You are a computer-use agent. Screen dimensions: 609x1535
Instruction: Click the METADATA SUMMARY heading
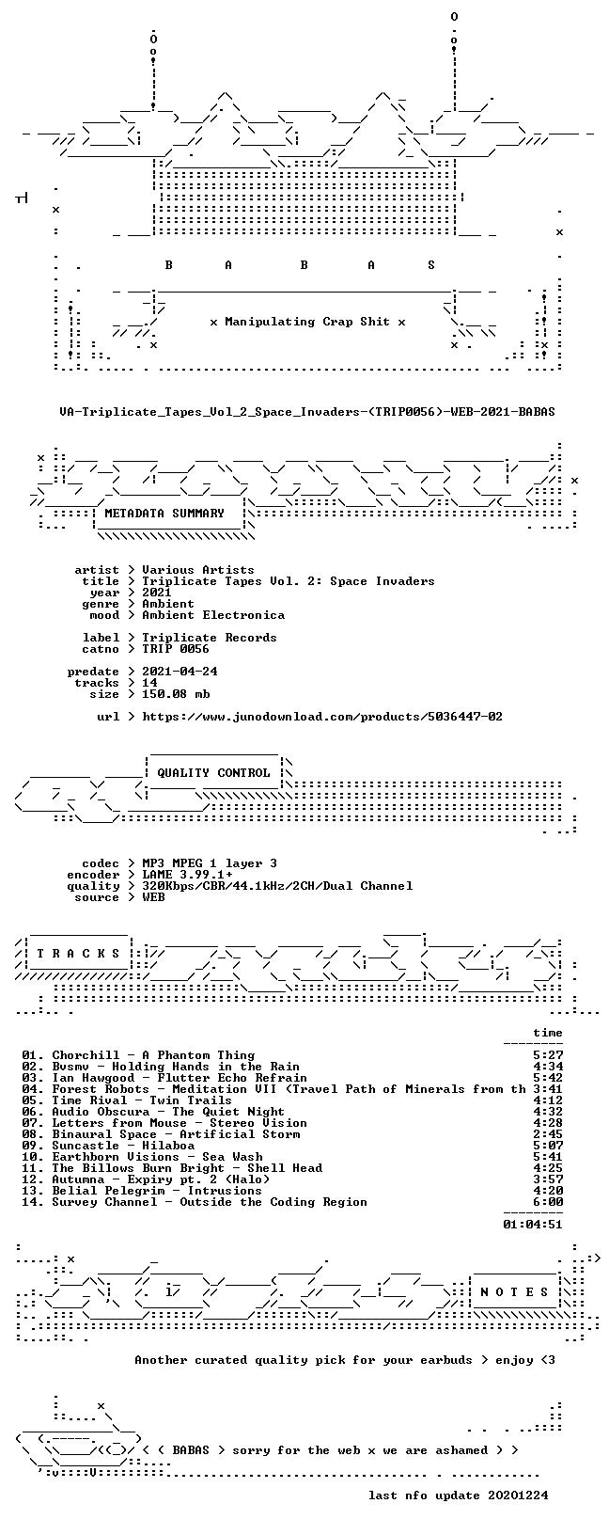click(x=164, y=514)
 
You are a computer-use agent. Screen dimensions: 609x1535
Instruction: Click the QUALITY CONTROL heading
click(x=213, y=773)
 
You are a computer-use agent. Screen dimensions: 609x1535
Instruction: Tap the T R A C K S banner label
click(x=78, y=953)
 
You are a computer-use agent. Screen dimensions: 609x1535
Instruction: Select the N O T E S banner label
click(x=514, y=1291)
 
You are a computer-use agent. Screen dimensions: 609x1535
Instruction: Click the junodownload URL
click(x=322, y=717)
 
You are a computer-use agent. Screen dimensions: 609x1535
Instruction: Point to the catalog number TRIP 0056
click(x=176, y=649)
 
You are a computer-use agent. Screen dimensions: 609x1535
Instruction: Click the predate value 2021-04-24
click(x=180, y=672)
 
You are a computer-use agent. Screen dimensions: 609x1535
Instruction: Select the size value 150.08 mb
click(x=176, y=694)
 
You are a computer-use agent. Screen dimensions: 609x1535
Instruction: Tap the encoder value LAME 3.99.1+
click(x=187, y=875)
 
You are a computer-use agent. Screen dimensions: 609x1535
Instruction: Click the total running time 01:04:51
click(x=533, y=1224)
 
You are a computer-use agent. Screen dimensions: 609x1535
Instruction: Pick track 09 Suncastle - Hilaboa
click(x=108, y=1145)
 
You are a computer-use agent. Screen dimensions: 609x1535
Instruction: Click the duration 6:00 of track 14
click(x=548, y=1201)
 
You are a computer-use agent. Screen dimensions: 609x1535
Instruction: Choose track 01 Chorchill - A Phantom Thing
click(x=138, y=1055)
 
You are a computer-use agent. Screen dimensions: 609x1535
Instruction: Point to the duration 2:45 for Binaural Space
click(x=548, y=1134)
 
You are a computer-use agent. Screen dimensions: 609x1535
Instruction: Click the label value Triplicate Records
click(x=210, y=638)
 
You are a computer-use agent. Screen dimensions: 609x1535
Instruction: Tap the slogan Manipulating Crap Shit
click(x=307, y=322)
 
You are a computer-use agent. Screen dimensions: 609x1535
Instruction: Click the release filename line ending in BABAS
click(x=307, y=412)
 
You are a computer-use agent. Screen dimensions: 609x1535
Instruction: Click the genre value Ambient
click(x=168, y=604)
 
